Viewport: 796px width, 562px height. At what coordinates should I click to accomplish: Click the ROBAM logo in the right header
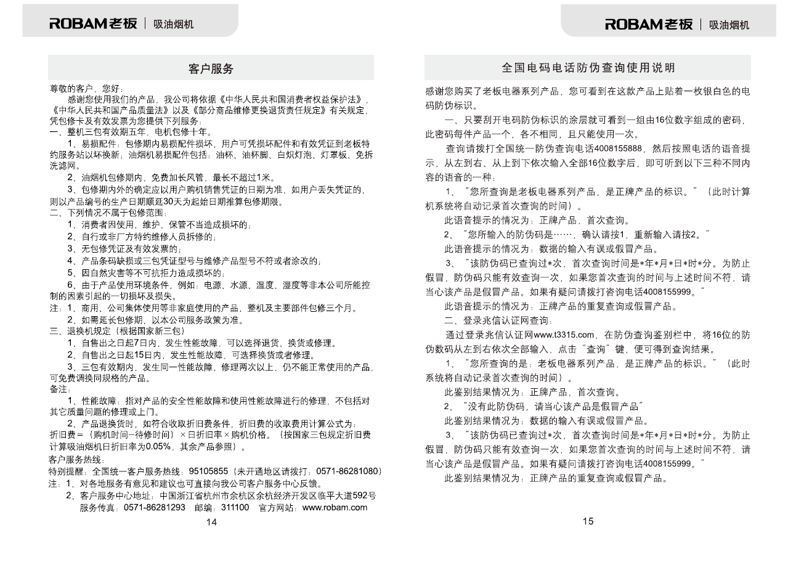coord(649,24)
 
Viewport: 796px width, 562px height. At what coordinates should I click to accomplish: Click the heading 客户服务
coord(211,69)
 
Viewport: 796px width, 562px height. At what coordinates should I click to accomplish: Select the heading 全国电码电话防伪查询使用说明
coord(588,68)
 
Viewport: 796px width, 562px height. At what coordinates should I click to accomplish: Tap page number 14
coord(211,523)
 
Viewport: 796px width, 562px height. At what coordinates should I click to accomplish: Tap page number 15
coord(588,521)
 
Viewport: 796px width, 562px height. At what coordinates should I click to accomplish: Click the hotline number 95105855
coord(208,471)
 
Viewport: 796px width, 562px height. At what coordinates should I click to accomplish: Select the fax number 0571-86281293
coord(154,507)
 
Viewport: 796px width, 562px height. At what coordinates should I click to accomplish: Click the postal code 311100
coord(235,507)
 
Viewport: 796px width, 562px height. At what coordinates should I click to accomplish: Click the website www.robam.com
coord(335,507)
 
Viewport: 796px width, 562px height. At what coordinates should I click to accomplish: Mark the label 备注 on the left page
coord(60,389)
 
